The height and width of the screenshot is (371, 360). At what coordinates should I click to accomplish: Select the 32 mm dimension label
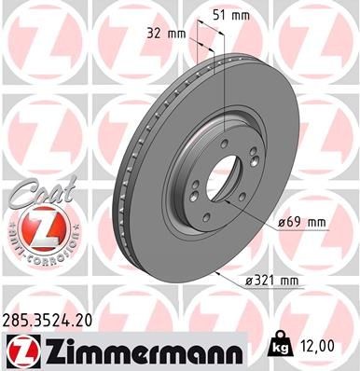point(165,34)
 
